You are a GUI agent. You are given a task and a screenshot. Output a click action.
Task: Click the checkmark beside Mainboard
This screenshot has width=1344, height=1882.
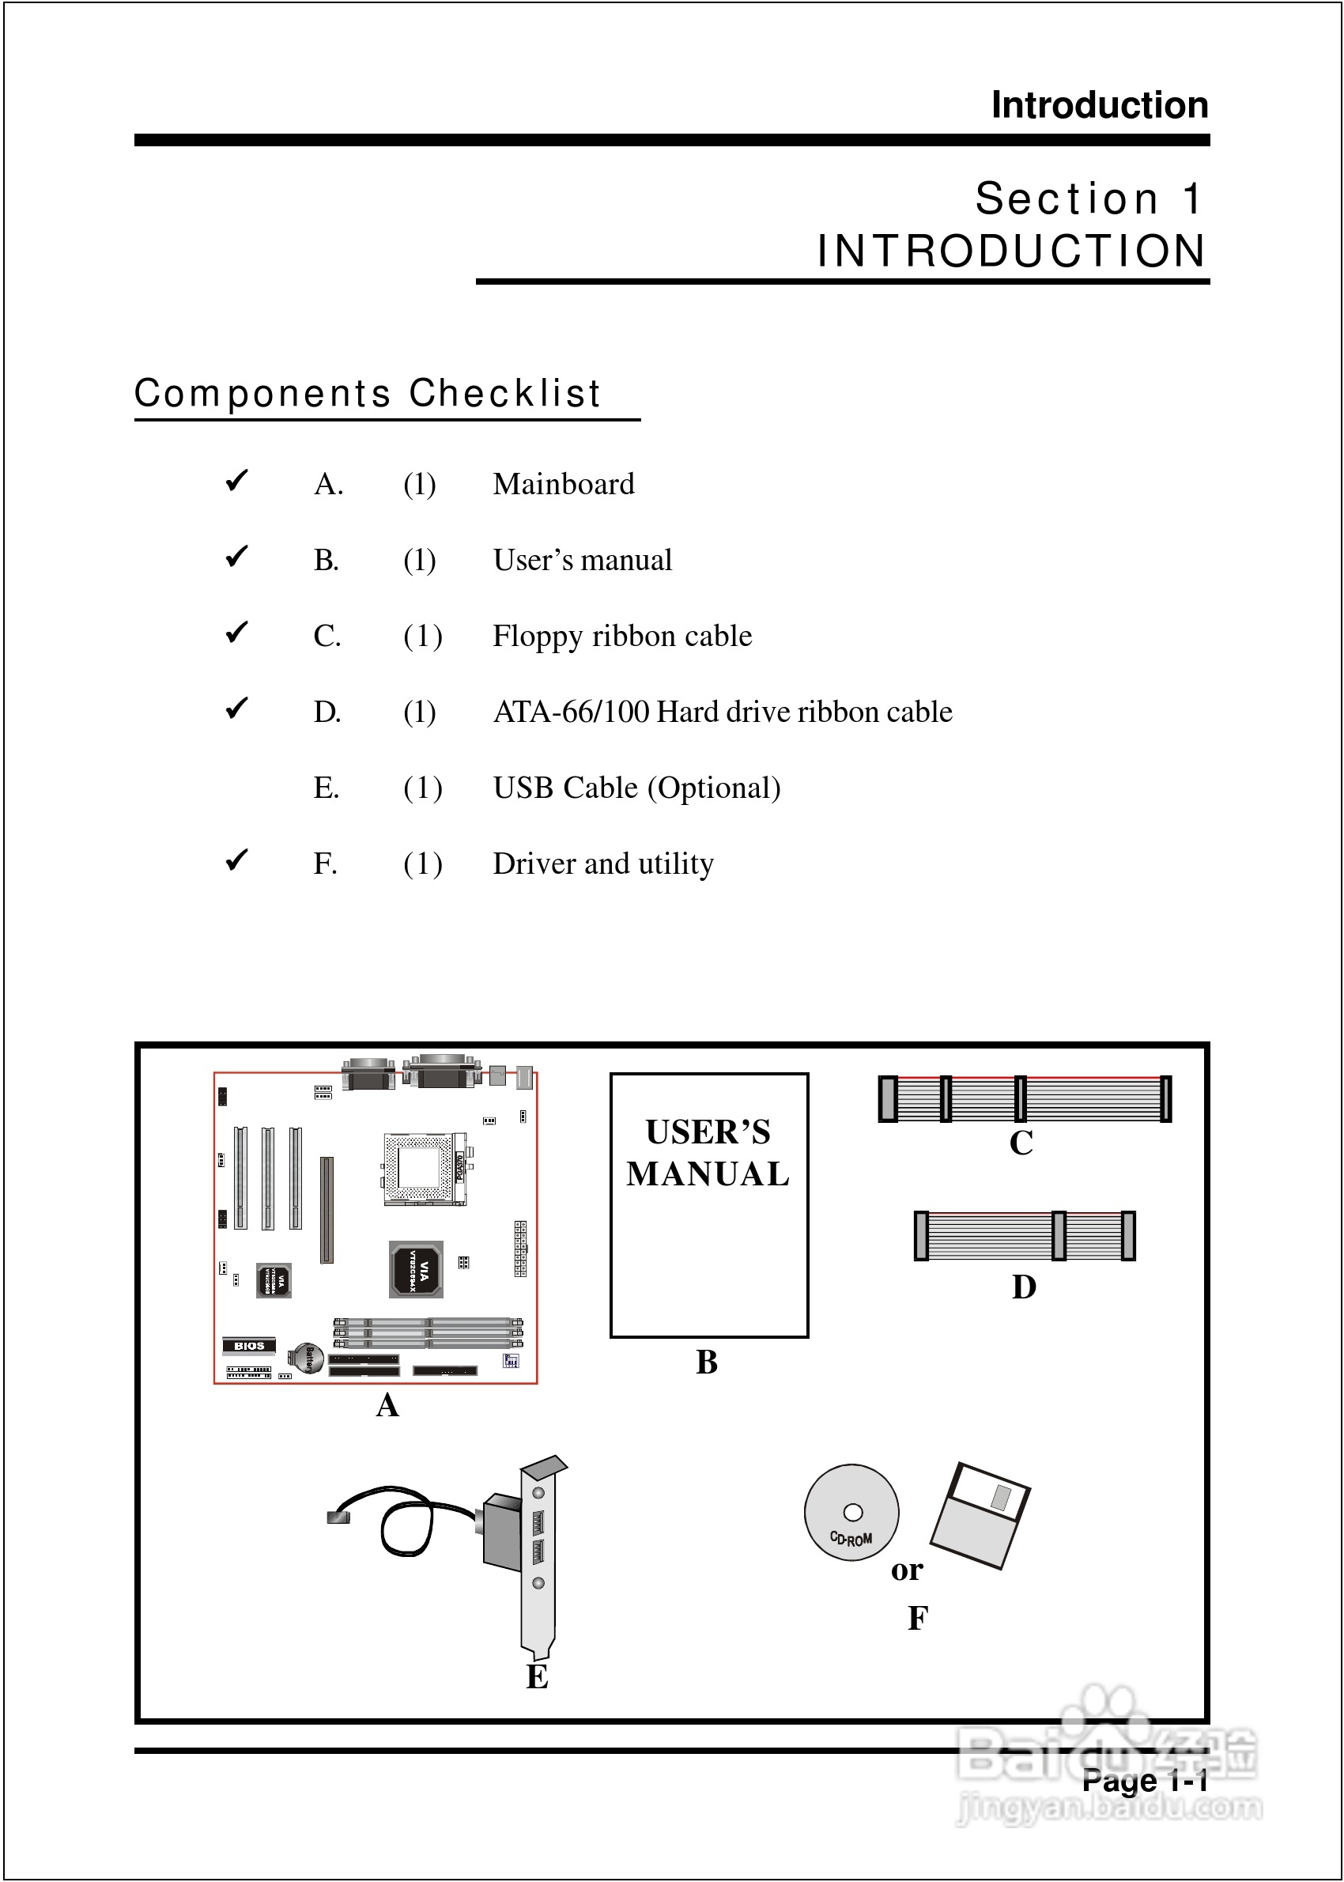click(x=236, y=480)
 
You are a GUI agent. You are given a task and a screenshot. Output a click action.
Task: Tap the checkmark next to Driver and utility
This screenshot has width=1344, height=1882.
click(x=236, y=860)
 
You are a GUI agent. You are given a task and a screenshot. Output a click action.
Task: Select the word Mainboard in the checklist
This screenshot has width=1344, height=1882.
click(x=564, y=484)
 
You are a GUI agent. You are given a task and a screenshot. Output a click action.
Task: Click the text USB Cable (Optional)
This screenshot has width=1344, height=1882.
click(x=636, y=788)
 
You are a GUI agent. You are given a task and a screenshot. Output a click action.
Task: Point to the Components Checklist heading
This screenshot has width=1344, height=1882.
click(x=368, y=393)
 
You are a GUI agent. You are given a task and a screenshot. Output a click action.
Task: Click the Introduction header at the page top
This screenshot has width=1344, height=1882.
click(x=1099, y=105)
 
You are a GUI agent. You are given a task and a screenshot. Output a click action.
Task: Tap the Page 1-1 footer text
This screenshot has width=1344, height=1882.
click(x=1145, y=1779)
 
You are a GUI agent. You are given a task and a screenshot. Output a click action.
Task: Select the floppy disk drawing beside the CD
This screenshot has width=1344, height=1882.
click(x=980, y=1515)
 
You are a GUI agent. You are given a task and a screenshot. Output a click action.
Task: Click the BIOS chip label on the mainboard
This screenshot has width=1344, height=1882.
click(x=248, y=1346)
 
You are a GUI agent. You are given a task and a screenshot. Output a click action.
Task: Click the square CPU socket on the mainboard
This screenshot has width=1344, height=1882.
click(x=421, y=1169)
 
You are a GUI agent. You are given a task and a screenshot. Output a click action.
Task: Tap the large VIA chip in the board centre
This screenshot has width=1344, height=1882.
click(x=417, y=1268)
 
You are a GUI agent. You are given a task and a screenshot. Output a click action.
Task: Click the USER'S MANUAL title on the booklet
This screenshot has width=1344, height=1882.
click(x=708, y=1153)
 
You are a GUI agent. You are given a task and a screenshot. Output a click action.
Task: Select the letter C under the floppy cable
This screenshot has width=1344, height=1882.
click(x=1021, y=1143)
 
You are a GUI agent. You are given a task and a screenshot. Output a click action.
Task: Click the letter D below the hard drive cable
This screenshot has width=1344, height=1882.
click(x=1024, y=1287)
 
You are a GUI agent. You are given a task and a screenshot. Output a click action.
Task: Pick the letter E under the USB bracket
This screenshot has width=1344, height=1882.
click(x=537, y=1677)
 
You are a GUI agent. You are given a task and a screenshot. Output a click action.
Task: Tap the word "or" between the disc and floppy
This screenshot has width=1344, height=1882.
click(x=907, y=1570)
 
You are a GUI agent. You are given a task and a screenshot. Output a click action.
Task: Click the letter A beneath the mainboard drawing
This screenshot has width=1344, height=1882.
click(x=387, y=1405)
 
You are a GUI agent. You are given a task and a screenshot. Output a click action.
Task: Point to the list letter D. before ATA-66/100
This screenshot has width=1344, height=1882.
click(x=327, y=712)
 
